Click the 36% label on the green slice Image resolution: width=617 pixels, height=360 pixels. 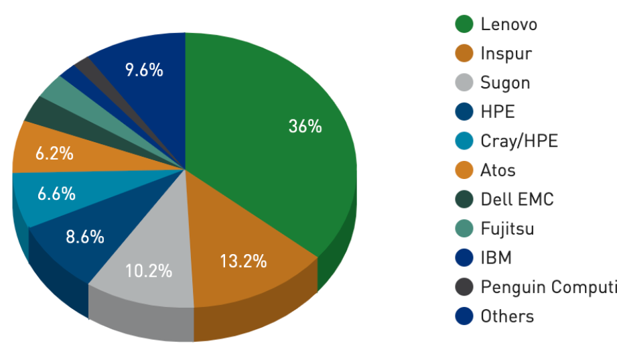pyautogui.click(x=305, y=126)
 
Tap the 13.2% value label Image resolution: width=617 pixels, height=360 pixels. pyautogui.click(x=243, y=261)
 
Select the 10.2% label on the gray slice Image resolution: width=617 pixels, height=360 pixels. pyautogui.click(x=148, y=271)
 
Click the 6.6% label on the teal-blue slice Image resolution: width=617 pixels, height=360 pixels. pyautogui.click(x=56, y=194)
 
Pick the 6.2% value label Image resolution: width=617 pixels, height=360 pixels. pyautogui.click(x=54, y=153)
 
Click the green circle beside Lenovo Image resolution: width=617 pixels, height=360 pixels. pyautogui.click(x=464, y=25)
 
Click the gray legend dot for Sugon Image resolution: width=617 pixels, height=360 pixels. pyautogui.click(x=464, y=83)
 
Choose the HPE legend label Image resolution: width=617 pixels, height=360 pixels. pyautogui.click(x=497, y=112)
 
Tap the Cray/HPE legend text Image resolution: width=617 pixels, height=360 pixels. pyautogui.click(x=519, y=141)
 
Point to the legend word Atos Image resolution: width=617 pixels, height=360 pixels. pyautogui.click(x=498, y=170)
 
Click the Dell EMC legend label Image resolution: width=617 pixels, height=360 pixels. pyautogui.click(x=517, y=199)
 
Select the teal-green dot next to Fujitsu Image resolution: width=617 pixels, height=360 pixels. pyautogui.click(x=464, y=229)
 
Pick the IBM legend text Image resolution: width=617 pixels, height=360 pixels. pyautogui.click(x=496, y=257)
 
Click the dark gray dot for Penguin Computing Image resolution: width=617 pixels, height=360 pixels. pyautogui.click(x=464, y=287)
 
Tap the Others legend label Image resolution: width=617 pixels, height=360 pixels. pyautogui.click(x=507, y=316)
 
